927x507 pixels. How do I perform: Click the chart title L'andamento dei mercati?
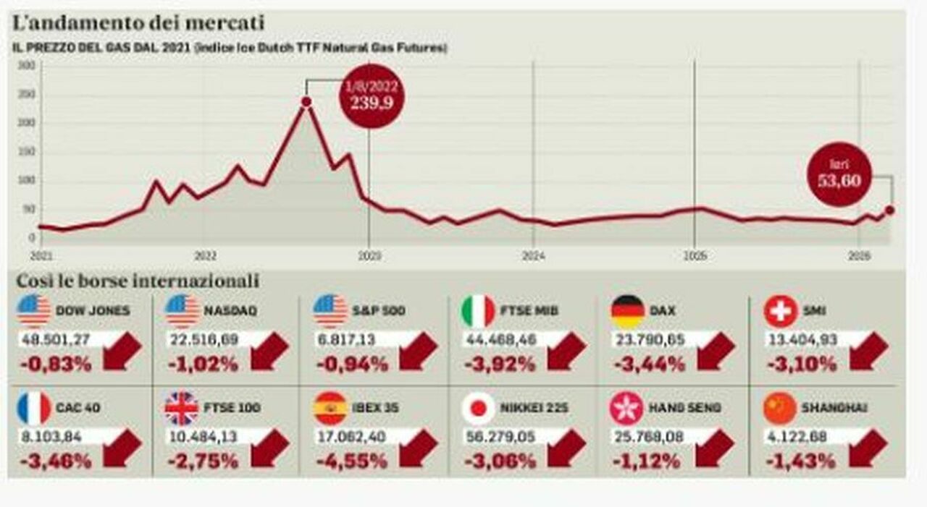138,23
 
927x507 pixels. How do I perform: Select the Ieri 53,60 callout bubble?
840,174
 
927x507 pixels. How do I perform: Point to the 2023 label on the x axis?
369,255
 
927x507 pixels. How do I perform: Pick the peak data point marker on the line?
306,102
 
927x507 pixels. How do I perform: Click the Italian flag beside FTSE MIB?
478,311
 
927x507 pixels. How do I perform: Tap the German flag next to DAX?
628,311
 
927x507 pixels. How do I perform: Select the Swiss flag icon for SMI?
780,311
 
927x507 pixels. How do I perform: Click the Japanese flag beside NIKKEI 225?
478,409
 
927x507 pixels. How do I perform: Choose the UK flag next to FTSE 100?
182,409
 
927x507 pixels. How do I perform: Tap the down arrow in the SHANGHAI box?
868,448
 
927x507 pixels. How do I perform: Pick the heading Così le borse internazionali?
138,280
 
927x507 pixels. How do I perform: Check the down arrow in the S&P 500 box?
418,352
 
